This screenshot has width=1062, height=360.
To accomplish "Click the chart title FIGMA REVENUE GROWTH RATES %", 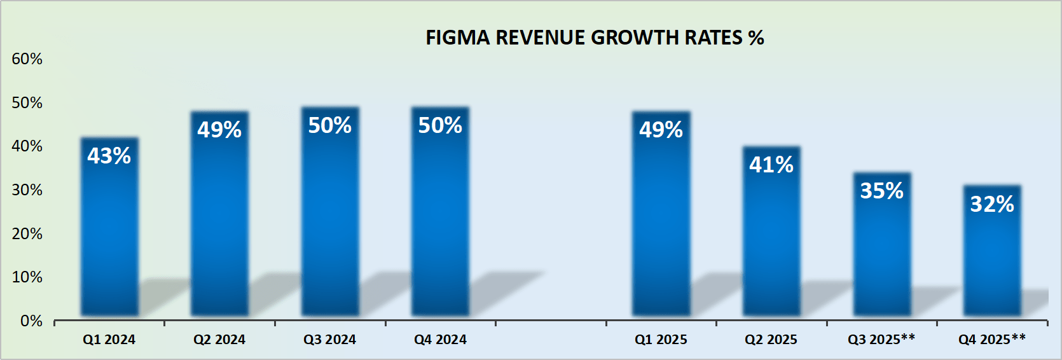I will click(x=594, y=38).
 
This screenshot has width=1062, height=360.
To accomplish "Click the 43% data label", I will click(x=109, y=156).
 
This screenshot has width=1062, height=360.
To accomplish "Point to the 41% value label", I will click(x=771, y=165).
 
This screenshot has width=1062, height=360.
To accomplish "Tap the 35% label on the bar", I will click(x=881, y=191).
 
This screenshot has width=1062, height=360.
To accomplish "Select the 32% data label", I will click(x=992, y=204).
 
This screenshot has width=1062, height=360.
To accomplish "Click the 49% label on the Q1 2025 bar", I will click(x=661, y=130).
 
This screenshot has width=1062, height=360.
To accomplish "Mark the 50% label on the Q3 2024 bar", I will click(x=329, y=125).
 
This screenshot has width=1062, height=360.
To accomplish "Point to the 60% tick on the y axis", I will click(x=27, y=59).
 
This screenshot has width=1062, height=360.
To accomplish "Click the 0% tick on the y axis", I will click(x=31, y=321).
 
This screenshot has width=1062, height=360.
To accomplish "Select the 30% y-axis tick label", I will click(x=27, y=190).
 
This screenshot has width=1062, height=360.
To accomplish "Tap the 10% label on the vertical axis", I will click(x=27, y=277).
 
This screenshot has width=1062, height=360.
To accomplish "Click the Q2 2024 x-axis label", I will click(x=219, y=340).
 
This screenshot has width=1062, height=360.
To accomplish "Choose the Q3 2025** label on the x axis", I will click(x=881, y=340).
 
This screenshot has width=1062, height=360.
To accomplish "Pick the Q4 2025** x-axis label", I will click(x=992, y=340).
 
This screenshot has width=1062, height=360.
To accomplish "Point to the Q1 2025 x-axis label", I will click(x=661, y=340).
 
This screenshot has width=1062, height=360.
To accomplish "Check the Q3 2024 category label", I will click(x=329, y=340).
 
